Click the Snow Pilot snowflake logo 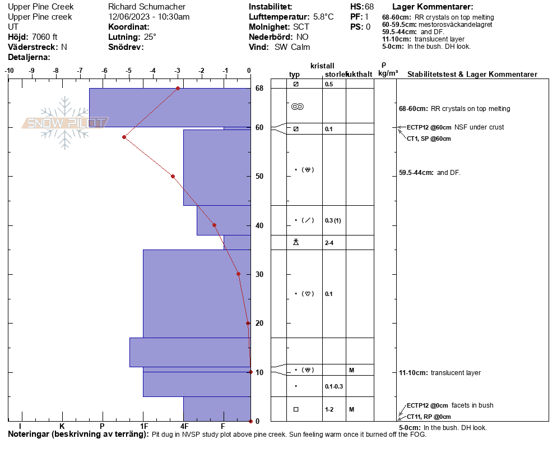[x=64, y=123]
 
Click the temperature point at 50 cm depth [x=173, y=176]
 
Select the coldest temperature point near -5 [x=124, y=137]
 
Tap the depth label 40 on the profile [x=259, y=226]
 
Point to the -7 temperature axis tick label [x=80, y=71]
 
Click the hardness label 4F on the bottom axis [x=184, y=426]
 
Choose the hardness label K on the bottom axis [x=62, y=426]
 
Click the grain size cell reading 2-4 [x=329, y=243]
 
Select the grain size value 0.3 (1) [x=333, y=220]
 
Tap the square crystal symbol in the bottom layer [x=296, y=409]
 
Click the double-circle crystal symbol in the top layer [x=298, y=107]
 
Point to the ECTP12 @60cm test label [x=429, y=127]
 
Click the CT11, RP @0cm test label [x=429, y=417]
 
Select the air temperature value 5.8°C [x=323, y=17]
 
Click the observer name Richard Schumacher [x=147, y=7]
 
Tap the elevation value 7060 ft [x=44, y=37]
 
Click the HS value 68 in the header [x=369, y=7]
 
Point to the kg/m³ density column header [x=388, y=73]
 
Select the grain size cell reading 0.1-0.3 [x=334, y=386]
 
